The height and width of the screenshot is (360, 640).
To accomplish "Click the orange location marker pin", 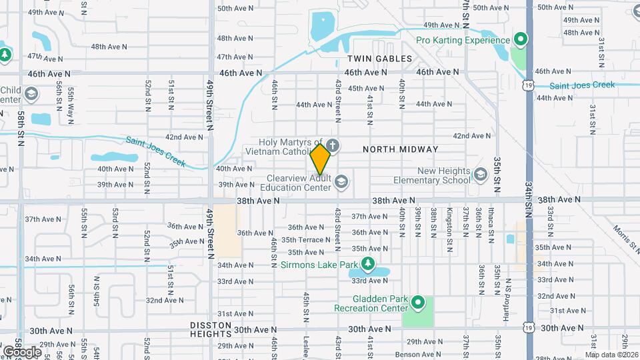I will (x=321, y=159).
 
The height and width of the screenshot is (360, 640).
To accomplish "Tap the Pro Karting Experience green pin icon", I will (x=520, y=40).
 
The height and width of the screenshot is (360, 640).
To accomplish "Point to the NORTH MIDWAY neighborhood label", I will (x=401, y=149).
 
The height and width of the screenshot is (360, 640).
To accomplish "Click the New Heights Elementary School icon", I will (x=480, y=175).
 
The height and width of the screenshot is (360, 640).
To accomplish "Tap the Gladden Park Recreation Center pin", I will (x=418, y=304).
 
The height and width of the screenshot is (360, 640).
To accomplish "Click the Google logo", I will (x=22, y=351).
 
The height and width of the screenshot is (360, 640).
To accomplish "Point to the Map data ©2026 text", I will (x=611, y=354).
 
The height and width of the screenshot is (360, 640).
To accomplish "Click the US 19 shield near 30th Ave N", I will (x=528, y=328).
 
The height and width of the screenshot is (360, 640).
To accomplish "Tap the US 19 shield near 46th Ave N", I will (x=528, y=85).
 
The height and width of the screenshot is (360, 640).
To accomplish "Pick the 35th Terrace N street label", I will (x=302, y=239).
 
